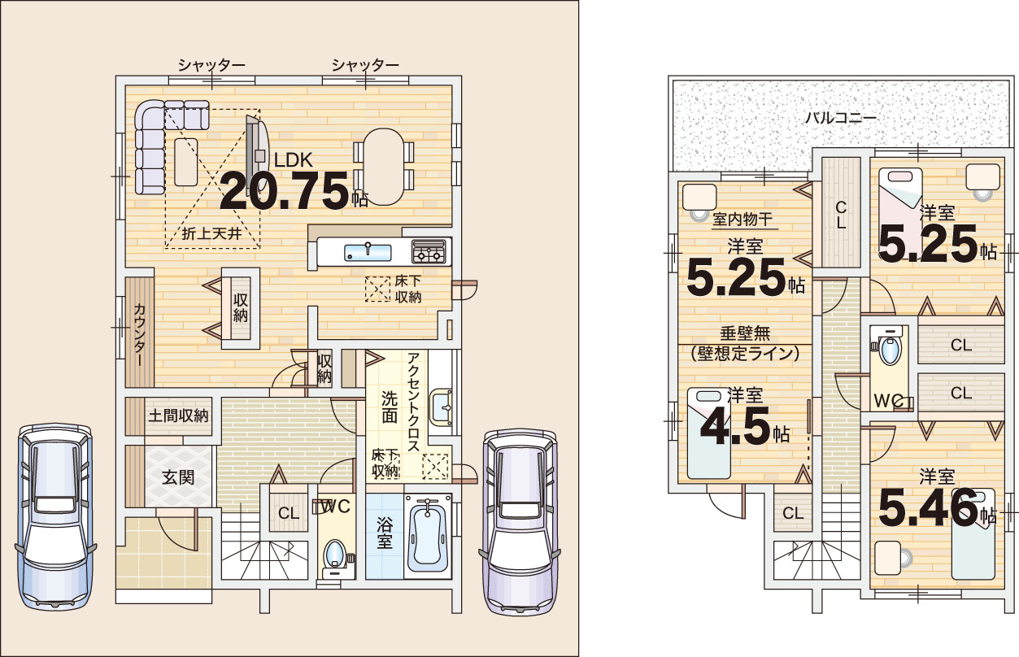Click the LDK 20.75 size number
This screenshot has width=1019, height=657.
tap(285, 192)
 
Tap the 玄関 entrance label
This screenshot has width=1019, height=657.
tap(178, 477)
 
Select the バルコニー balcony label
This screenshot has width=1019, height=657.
tap(841, 118)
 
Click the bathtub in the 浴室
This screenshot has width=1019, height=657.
tap(428, 536)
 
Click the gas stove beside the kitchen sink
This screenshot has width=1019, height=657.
tap(429, 251)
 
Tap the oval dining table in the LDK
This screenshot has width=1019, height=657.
tap(384, 167)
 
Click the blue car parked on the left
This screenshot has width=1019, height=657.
tap(55, 516)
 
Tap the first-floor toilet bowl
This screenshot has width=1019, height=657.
tap(335, 553)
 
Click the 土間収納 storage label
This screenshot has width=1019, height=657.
tap(178, 416)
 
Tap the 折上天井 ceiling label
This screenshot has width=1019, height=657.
tap(211, 233)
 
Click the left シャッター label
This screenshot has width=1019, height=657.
tap(211, 66)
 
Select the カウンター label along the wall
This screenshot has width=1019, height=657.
tap(140, 334)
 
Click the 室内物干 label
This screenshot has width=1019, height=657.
tap(742, 220)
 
